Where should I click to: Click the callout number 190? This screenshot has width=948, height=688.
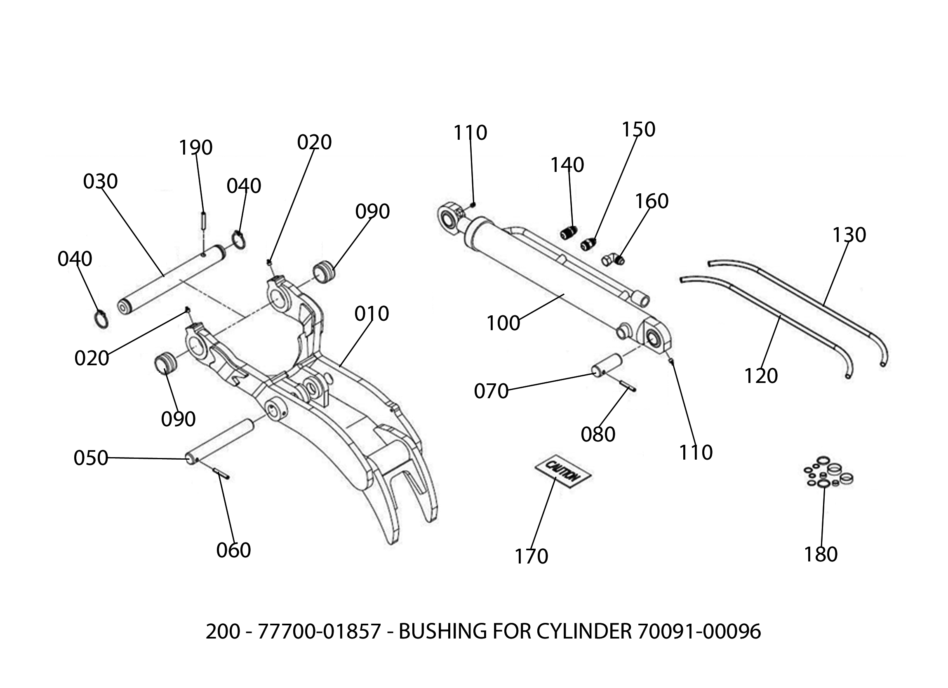(195, 148)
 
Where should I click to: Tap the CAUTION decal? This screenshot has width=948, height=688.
(563, 472)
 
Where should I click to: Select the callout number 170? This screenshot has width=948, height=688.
(531, 557)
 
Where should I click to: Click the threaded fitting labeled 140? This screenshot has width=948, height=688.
(569, 232)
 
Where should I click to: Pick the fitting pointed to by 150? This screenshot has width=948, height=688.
(588, 244)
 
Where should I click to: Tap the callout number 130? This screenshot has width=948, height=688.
(849, 235)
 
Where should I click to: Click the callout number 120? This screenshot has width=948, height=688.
(761, 376)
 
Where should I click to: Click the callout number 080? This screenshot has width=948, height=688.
(598, 435)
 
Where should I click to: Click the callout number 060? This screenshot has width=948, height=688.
(233, 550)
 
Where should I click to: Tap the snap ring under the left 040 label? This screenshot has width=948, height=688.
(101, 319)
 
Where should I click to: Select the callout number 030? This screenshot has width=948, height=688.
(100, 181)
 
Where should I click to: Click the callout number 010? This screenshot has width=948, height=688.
(372, 313)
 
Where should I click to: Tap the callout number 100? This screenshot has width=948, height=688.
(503, 323)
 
